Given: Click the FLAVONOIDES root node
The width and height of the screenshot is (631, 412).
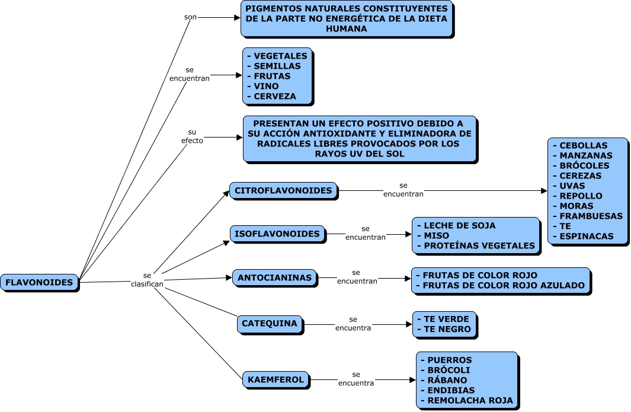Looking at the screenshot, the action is [40, 283].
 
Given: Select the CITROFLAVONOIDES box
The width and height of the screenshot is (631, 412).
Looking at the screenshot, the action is [284, 191].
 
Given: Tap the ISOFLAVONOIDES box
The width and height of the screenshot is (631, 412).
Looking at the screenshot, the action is [277, 234].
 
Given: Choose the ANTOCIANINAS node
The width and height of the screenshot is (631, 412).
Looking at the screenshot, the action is [274, 278].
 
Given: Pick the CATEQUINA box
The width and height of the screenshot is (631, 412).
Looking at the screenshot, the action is [270, 324].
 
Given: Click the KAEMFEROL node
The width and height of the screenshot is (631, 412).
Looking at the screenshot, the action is [276, 380].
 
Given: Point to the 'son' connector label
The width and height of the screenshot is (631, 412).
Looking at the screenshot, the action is [190, 17].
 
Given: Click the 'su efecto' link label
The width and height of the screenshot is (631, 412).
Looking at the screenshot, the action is [192, 136].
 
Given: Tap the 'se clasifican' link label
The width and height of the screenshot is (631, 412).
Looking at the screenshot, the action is [147, 280].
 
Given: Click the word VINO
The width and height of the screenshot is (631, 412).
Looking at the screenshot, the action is [266, 86].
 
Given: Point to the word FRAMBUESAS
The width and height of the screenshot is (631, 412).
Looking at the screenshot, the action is [591, 216].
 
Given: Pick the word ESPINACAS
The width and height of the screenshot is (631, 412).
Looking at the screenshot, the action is [587, 237].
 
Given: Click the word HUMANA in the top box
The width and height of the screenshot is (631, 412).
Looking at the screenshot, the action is [346, 28].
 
